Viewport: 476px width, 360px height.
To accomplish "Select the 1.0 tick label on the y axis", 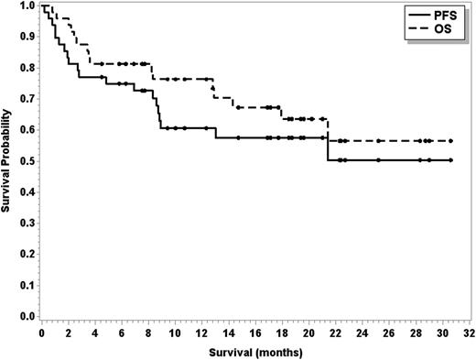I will tap(28, 5).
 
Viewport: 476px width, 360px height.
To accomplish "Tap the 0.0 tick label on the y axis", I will tap(28, 316).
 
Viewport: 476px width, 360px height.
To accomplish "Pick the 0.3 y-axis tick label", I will tap(28, 223).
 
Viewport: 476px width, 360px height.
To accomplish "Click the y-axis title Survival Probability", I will tap(8, 160).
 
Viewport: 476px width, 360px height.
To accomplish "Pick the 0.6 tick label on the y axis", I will tap(28, 130).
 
